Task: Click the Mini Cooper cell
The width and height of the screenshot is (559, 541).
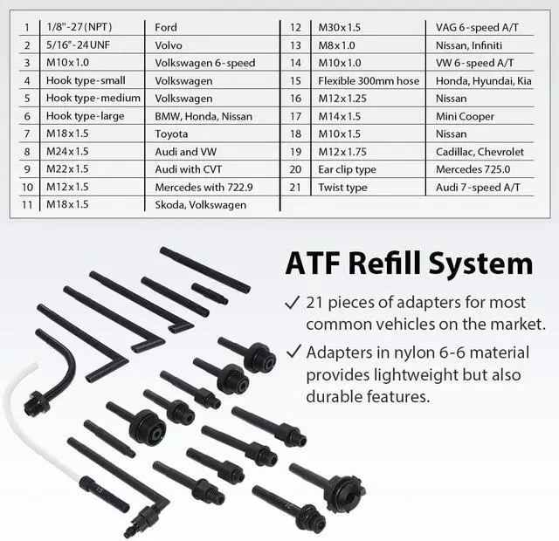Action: (x=465, y=116)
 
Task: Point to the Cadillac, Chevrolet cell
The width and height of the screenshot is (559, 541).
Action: (x=480, y=152)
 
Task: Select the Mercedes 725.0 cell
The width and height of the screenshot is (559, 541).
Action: (x=473, y=169)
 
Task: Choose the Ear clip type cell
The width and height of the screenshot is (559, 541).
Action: (x=347, y=169)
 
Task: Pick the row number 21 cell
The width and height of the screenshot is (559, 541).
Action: (x=295, y=187)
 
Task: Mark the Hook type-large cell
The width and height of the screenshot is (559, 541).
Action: (x=86, y=116)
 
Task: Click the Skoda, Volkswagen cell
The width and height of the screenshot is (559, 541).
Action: (x=201, y=205)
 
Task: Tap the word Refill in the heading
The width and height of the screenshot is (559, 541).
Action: (x=418, y=264)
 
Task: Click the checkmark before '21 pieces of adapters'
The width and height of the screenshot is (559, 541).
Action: (x=293, y=303)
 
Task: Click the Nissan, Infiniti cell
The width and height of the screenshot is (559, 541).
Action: (x=471, y=45)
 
